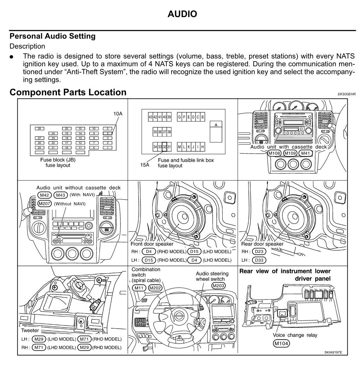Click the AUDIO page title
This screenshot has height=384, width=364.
click(182, 14)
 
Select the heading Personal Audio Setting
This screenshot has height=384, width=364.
click(53, 36)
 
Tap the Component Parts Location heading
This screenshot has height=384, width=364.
click(68, 92)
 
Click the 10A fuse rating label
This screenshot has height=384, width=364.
click(118, 114)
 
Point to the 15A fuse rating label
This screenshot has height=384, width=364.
click(145, 165)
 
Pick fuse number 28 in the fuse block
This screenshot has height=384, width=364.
click(39, 129)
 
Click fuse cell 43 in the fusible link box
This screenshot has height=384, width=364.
click(150, 117)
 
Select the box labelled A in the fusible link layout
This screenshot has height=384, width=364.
click(216, 125)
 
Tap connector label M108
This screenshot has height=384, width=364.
click(274, 153)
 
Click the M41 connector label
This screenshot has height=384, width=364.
click(305, 153)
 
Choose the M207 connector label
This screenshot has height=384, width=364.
click(45, 204)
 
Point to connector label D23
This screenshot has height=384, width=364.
click(259, 251)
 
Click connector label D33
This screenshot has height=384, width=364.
click(259, 260)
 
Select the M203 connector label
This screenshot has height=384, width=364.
click(218, 285)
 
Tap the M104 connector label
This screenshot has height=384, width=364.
click(281, 343)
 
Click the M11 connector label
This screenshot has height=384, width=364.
click(139, 288)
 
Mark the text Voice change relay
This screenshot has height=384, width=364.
click(295, 335)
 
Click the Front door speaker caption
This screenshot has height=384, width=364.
click(152, 244)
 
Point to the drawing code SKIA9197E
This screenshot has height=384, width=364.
click(333, 352)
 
